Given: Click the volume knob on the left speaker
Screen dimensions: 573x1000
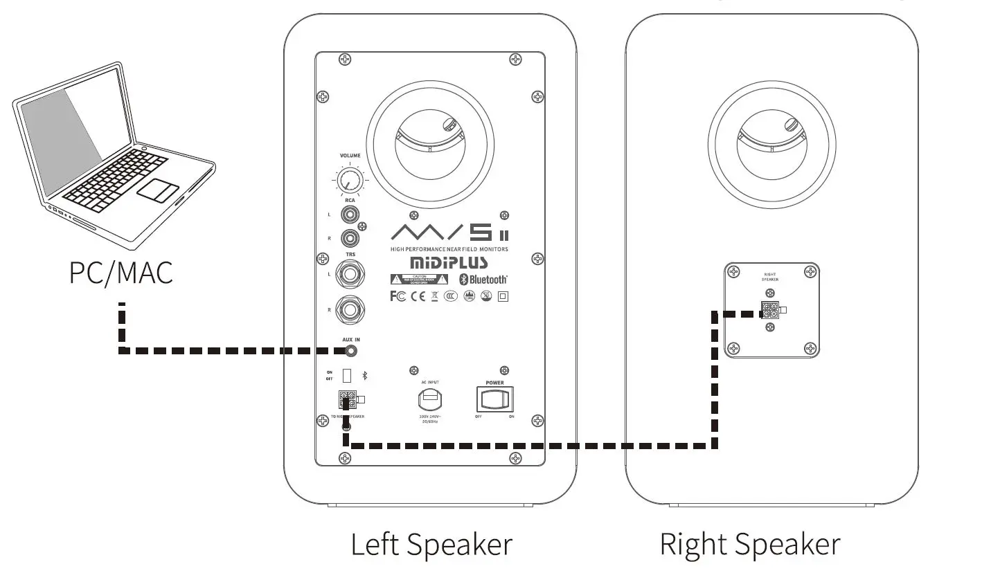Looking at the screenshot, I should (350, 181).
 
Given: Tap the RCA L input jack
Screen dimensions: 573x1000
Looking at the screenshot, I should (350, 215).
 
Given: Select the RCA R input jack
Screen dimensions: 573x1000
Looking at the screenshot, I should (350, 238).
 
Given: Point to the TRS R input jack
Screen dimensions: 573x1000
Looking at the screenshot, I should (350, 309).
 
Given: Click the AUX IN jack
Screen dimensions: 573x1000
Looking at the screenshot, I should (352, 351).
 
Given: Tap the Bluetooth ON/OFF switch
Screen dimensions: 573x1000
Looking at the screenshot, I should (347, 375).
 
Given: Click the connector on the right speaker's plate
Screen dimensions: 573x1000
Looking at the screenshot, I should (770, 310).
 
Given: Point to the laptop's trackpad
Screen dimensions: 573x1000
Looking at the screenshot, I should (158, 190).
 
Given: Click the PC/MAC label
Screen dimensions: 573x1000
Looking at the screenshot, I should (120, 271).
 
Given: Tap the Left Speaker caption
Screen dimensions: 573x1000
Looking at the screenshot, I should (431, 544).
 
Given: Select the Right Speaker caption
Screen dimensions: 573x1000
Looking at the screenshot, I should (750, 544).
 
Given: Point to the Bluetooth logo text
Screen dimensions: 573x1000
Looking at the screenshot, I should (488, 280).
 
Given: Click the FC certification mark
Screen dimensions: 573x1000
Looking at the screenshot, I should (398, 296).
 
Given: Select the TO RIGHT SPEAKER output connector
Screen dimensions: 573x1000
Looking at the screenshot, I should (347, 400).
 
